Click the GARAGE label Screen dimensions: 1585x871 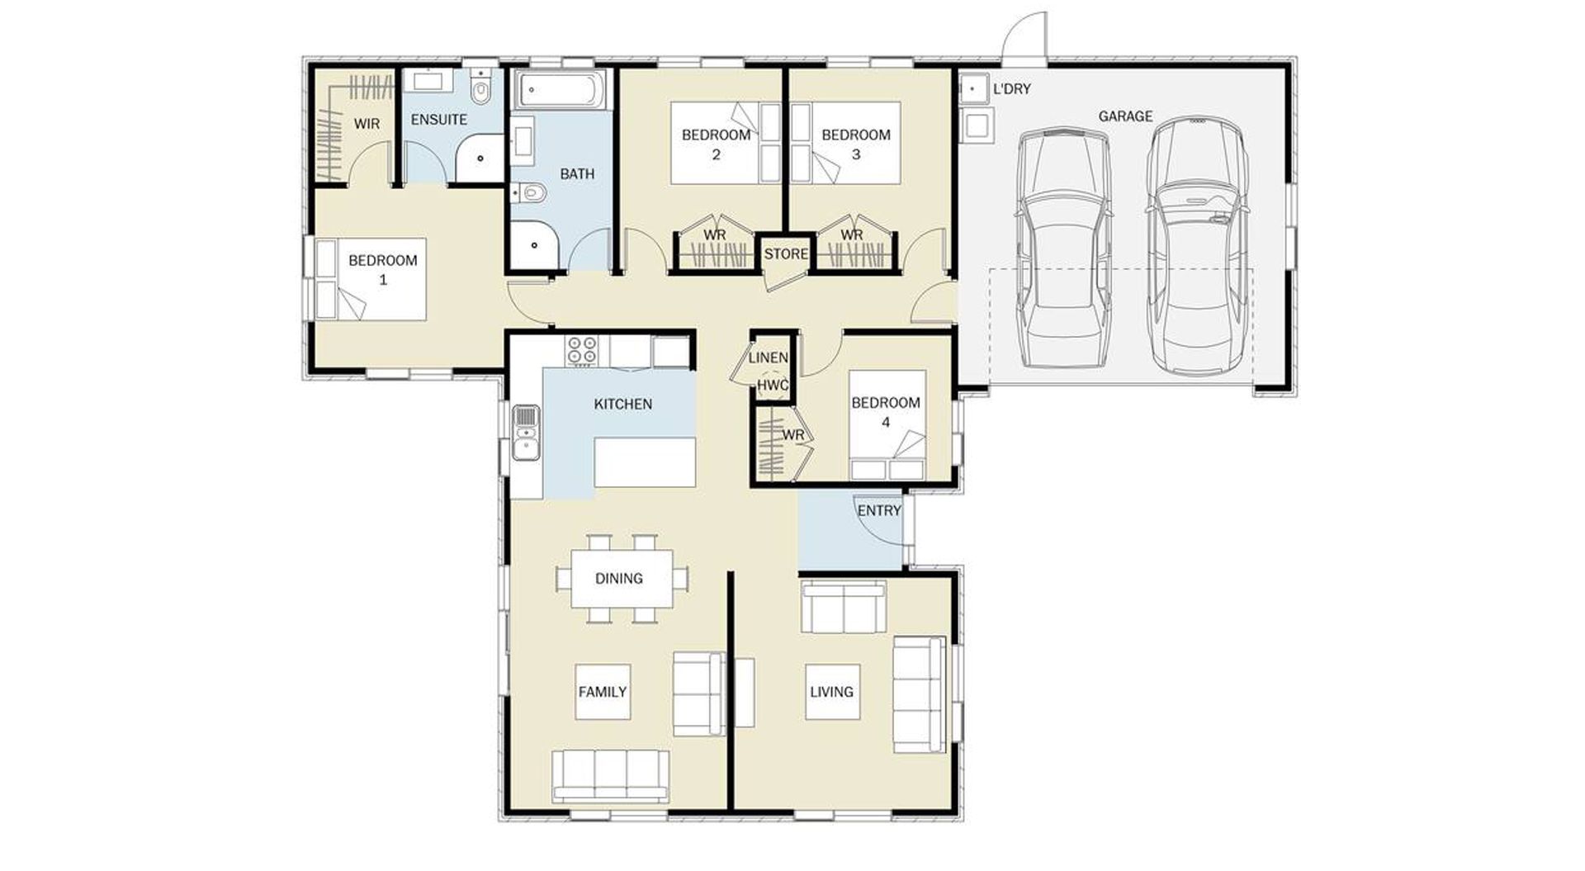pos(1125,116)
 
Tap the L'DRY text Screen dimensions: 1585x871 pos(1012,88)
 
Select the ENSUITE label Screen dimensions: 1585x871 pos(438,120)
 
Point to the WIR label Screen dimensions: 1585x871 pos(367,124)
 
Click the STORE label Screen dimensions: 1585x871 pos(786,254)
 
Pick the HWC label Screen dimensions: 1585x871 pos(773,385)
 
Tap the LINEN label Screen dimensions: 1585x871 pos(768,358)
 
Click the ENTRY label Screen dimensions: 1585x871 pos(879,511)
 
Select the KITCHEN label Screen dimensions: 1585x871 pos(623,405)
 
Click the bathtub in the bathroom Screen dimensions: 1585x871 pos(561,88)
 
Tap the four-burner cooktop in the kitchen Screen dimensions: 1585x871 pos(581,349)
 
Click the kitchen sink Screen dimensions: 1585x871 pos(525,433)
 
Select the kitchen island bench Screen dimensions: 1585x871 pos(645,463)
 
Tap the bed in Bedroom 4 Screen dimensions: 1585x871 pos(887,425)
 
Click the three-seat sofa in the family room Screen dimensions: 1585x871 pos(611,776)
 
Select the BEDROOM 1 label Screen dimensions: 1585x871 pos(383,270)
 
